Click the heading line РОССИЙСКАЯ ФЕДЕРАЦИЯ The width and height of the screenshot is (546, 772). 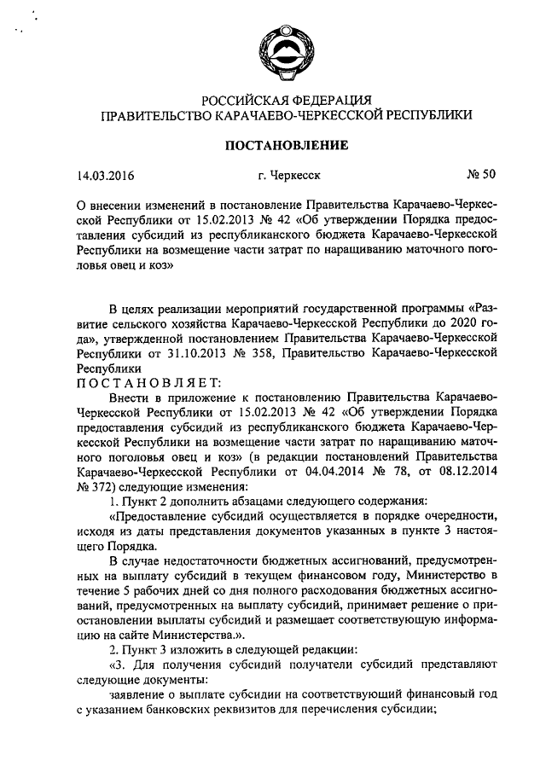coord(285,101)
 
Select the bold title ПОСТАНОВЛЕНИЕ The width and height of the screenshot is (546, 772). coord(285,146)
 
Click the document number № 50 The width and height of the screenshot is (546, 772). coord(480,176)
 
